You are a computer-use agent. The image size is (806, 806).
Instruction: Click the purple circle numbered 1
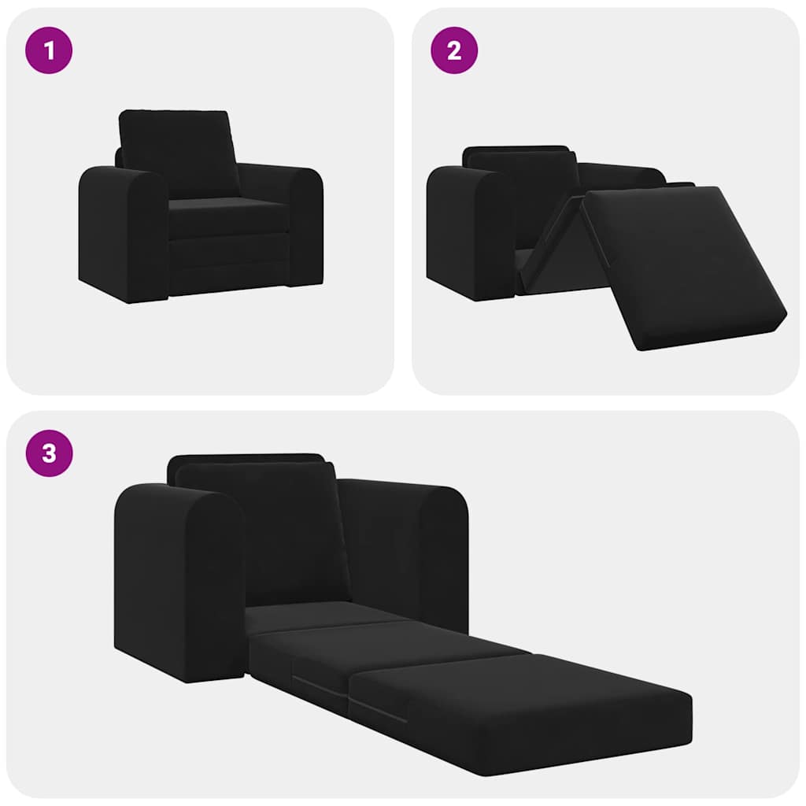pyautogui.click(x=50, y=51)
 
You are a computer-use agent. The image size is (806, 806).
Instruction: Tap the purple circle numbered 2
pyautogui.click(x=454, y=51)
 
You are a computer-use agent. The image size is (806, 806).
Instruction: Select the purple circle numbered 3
pyautogui.click(x=50, y=454)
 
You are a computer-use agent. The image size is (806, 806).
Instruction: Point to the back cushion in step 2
pyautogui.click(x=519, y=189)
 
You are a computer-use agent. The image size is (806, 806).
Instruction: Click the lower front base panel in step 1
pyautogui.click(x=228, y=268)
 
